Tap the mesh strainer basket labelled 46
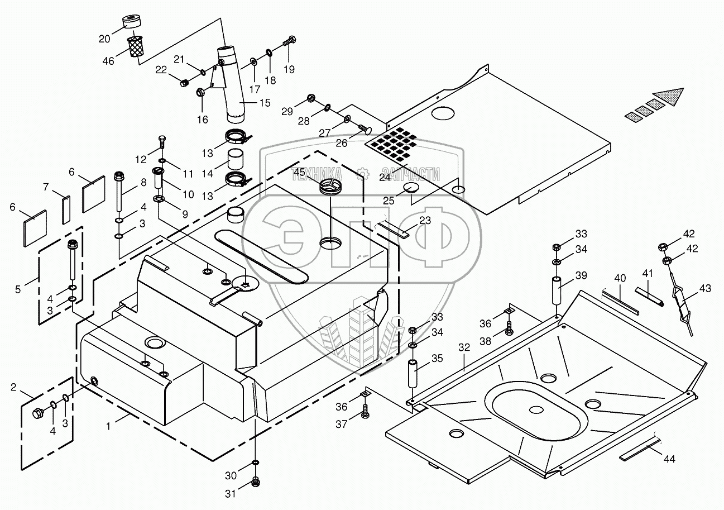pos(134,46)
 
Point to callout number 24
pos(385,178)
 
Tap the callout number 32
pos(464,347)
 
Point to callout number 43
pos(704,288)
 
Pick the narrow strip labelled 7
pos(65,209)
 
